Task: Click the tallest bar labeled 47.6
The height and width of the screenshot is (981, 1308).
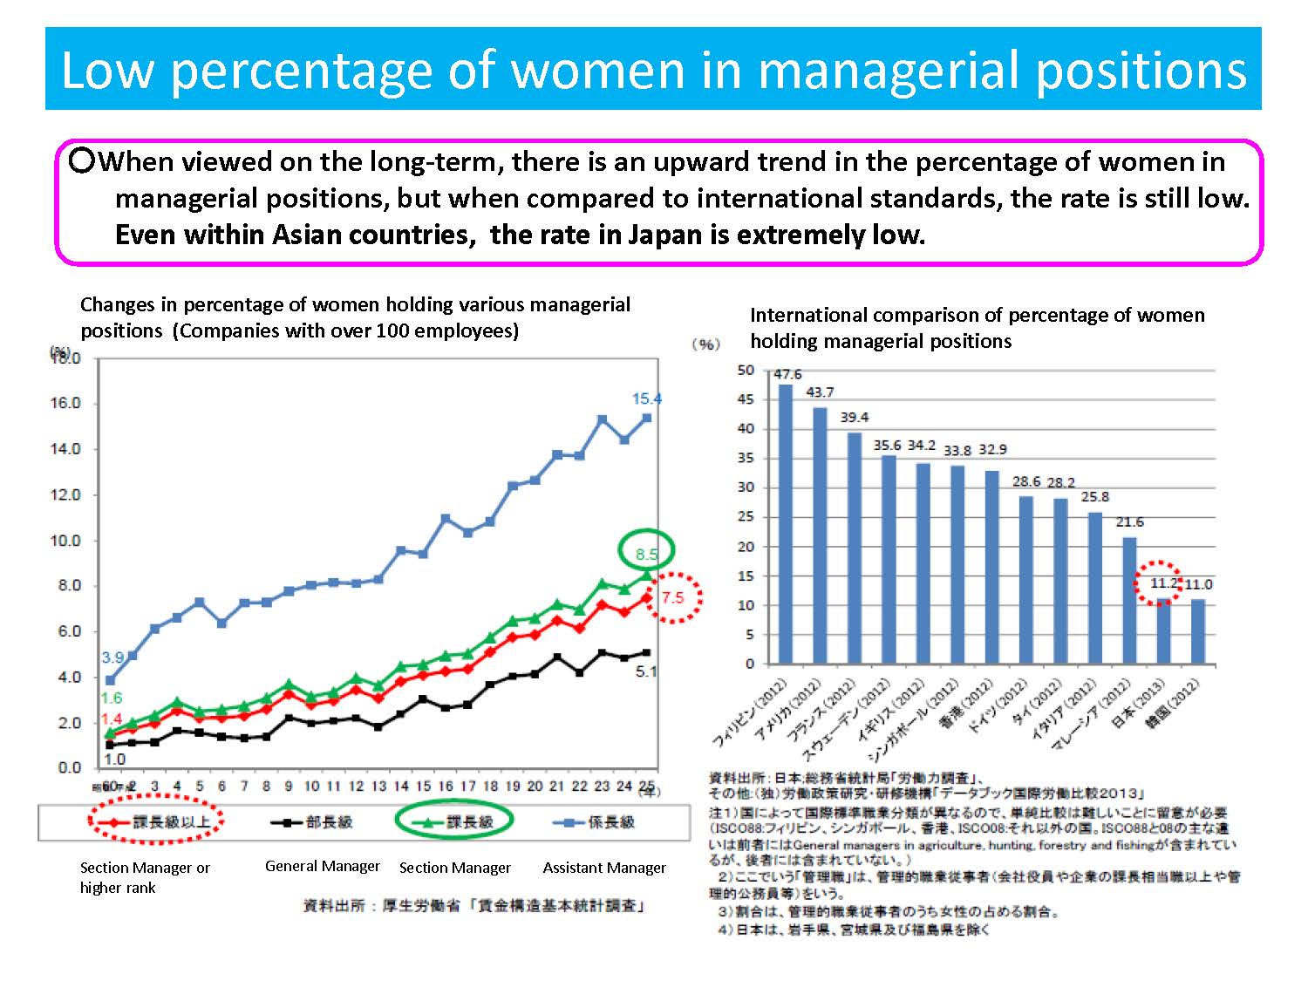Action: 786,523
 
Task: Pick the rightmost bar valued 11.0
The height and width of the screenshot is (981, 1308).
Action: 1197,631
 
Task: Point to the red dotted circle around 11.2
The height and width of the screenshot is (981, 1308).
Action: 1159,583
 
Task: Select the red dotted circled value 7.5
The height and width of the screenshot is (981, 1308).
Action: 672,597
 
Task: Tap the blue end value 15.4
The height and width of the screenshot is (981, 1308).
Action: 647,399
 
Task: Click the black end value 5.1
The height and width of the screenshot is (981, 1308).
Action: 646,671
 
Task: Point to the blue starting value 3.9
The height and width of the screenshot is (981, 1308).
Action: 112,657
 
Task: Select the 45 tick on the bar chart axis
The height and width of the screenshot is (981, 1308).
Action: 745,399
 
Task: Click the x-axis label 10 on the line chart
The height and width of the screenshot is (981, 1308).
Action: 311,786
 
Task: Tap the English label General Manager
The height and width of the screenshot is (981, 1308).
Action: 323,866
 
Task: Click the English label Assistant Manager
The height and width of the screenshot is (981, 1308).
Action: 604,868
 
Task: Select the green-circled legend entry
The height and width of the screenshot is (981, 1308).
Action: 454,821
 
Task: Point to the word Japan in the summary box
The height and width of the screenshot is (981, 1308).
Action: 668,235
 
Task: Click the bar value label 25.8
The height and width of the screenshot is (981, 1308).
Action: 1095,496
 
